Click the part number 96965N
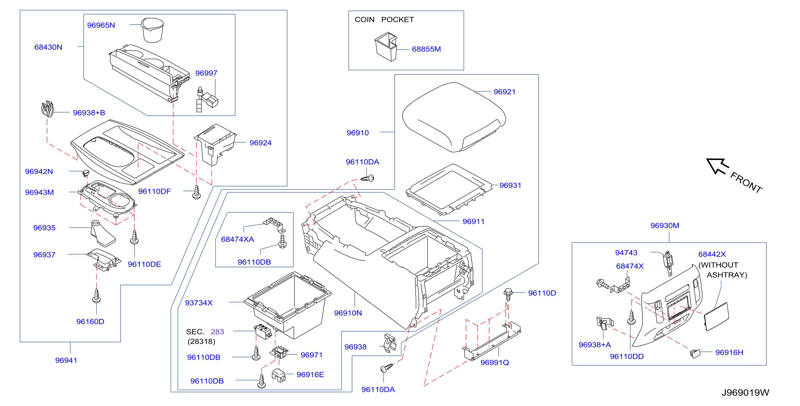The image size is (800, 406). coord(101,25)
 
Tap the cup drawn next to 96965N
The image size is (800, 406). coord(152,30)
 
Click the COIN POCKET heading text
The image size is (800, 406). coord(384,20)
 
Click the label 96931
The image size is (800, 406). coord(510,185)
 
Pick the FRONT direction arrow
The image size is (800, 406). coord(717,166)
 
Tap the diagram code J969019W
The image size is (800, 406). coord(745,393)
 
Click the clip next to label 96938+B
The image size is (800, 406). coord(48,109)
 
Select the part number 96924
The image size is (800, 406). coord(260,143)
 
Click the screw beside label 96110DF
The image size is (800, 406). coord(197,192)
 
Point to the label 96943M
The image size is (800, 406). coord(39,192)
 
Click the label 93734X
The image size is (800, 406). coord(199,303)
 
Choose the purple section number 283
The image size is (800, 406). coord(217,332)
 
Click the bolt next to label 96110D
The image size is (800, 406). coord(508,294)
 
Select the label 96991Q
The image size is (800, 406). coord(495,362)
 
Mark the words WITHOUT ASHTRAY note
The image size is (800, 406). coord(722,270)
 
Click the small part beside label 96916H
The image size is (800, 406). coord(695,353)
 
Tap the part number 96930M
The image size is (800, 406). coord(665,225)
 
